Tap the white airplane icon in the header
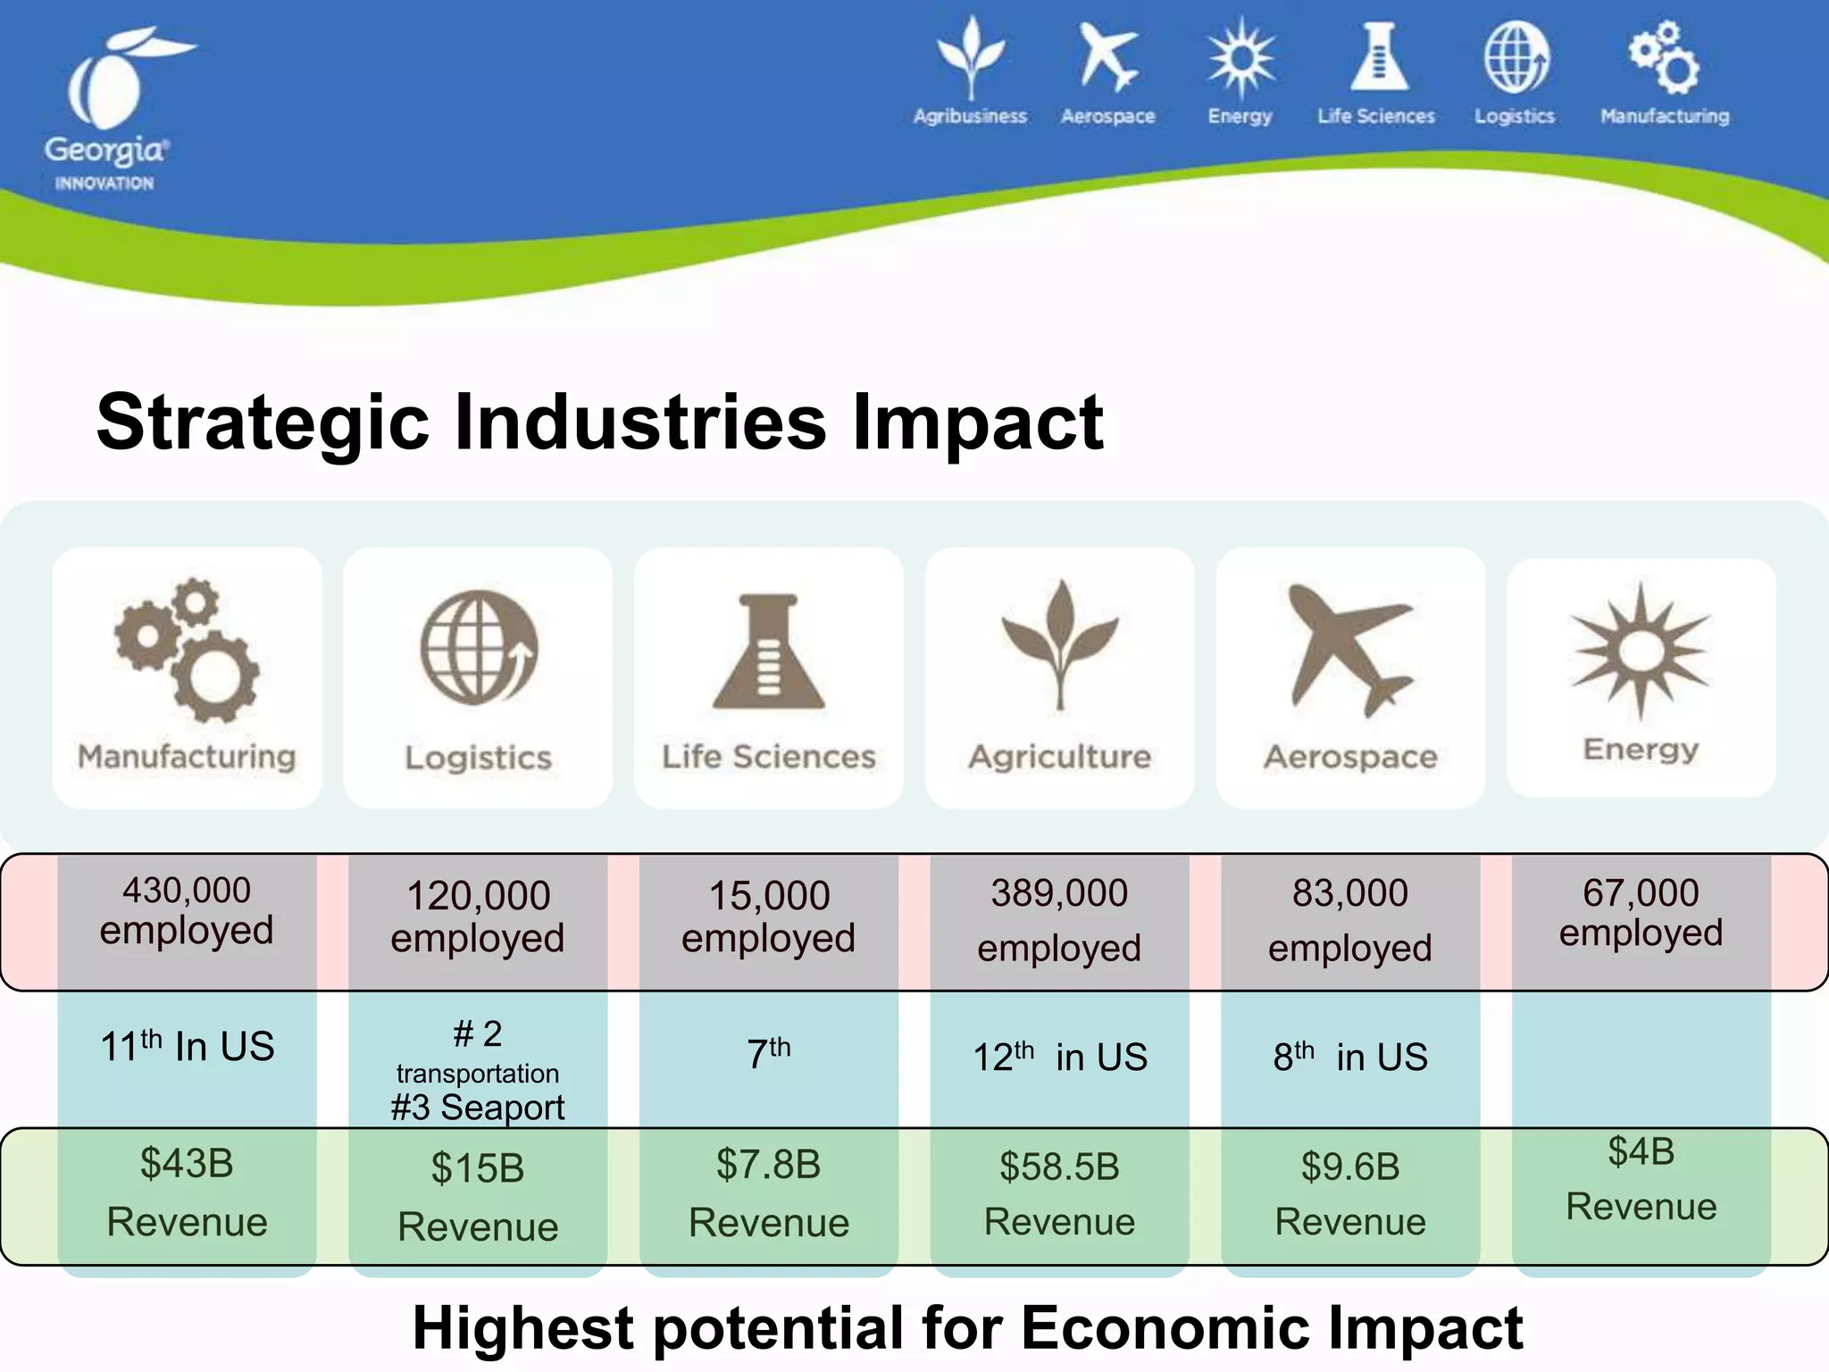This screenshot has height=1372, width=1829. [1107, 59]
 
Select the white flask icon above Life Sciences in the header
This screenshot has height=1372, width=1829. [1378, 59]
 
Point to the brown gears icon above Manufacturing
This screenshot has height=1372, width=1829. [187, 650]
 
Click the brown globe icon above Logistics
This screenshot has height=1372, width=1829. [479, 648]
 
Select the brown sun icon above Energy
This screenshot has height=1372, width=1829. [1641, 650]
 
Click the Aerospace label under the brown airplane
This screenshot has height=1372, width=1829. [1350, 757]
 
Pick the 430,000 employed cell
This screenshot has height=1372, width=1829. [187, 911]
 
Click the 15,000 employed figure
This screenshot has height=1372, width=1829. [769, 916]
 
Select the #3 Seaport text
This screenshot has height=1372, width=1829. [478, 1108]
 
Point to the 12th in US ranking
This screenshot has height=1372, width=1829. [1059, 1058]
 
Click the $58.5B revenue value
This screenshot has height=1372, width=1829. [1059, 1167]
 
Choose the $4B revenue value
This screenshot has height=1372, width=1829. [1641, 1151]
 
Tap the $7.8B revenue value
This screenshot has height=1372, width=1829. [769, 1165]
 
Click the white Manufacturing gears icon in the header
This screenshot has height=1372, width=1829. [1664, 59]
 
